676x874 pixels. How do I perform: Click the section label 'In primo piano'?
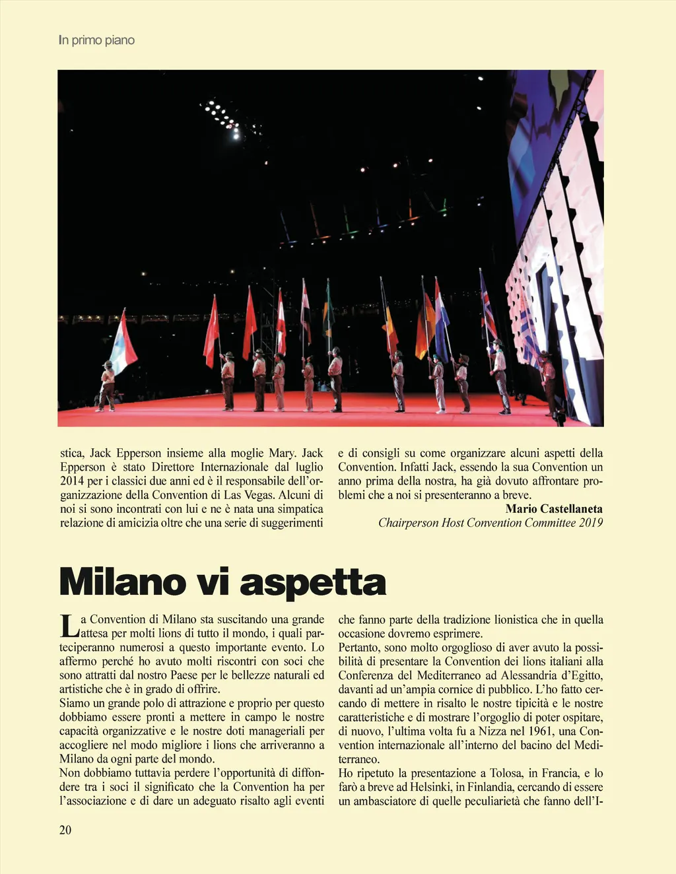96,40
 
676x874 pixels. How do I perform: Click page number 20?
65,830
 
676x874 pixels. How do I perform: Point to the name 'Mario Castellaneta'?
554,509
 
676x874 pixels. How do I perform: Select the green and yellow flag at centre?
327,310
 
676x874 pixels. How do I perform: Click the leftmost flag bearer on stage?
107,386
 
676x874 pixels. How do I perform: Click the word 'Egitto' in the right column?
584,675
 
